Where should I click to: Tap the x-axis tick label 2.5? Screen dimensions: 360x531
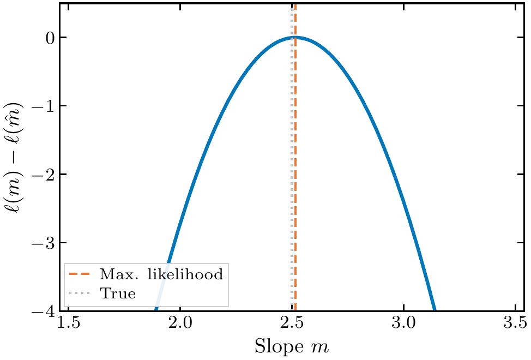(x=292, y=326)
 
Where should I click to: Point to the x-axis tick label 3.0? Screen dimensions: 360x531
(x=403, y=326)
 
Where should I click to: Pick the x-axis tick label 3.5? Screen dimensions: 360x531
(x=515, y=326)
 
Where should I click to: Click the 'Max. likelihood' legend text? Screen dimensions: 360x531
(x=161, y=274)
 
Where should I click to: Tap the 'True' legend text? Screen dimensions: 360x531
(x=117, y=293)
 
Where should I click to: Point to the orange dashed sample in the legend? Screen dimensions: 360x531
(x=80, y=274)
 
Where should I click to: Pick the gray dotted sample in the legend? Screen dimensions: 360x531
(x=80, y=293)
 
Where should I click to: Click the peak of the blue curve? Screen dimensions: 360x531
(x=295, y=38)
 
